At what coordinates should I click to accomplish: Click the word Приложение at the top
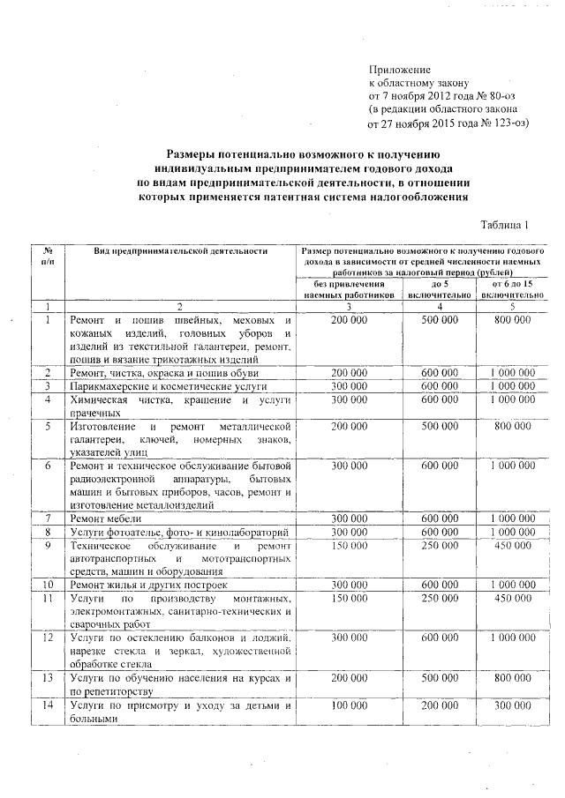coord(399,69)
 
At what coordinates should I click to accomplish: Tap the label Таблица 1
coord(504,226)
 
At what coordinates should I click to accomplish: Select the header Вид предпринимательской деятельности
coord(181,251)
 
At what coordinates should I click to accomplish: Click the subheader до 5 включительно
coord(439,290)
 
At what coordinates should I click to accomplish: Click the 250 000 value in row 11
coord(439,598)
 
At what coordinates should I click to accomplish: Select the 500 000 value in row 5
coord(439,426)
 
